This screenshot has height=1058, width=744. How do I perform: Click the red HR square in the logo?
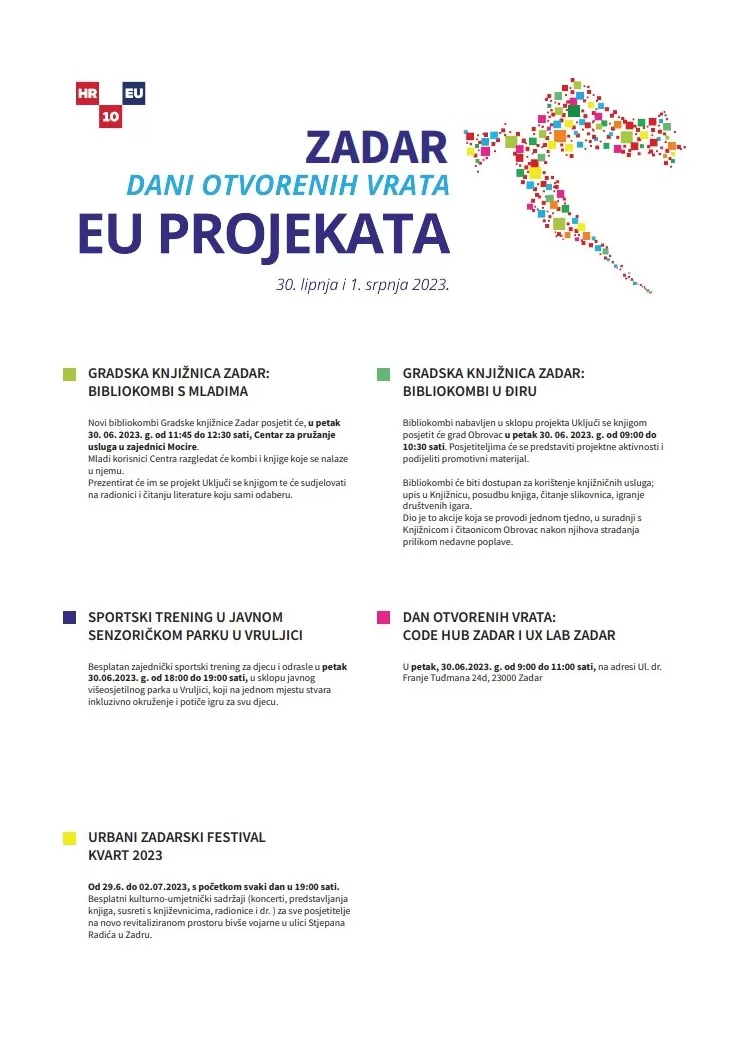tap(86, 93)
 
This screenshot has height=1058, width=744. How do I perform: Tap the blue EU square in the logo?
tap(133, 93)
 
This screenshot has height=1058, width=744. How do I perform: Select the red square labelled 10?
tap(109, 117)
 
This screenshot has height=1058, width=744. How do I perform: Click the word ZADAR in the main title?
tap(376, 148)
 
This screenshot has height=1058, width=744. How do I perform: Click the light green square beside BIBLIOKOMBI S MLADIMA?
tap(69, 374)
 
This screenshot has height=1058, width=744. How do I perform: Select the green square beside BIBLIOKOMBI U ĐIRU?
tap(383, 374)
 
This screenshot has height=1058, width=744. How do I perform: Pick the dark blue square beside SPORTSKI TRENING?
tap(69, 618)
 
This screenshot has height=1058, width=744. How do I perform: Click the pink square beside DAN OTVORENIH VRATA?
tap(383, 618)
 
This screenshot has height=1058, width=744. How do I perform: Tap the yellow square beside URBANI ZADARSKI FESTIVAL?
tap(69, 838)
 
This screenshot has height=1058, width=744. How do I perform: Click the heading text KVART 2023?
tap(125, 855)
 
